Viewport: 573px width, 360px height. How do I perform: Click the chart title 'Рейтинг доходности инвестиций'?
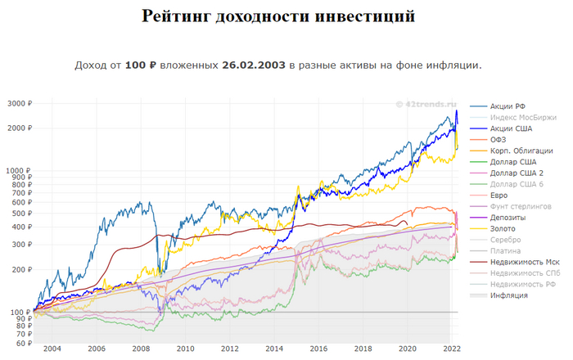[x=278, y=16]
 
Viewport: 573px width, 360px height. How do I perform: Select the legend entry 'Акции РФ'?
[x=508, y=106]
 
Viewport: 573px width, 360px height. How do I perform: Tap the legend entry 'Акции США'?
[x=508, y=128]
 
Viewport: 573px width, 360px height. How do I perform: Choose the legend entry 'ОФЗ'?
[x=499, y=140]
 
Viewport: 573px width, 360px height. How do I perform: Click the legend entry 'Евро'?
[x=499, y=196]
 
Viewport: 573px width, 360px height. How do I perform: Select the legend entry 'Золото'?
[x=503, y=228]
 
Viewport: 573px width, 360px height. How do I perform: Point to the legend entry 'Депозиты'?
[x=508, y=218]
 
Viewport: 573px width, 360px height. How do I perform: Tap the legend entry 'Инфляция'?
[x=508, y=295]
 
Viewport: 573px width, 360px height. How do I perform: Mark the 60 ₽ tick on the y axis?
[x=21, y=344]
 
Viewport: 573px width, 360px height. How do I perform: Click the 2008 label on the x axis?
[x=141, y=350]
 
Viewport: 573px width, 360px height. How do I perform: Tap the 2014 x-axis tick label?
[x=274, y=350]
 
